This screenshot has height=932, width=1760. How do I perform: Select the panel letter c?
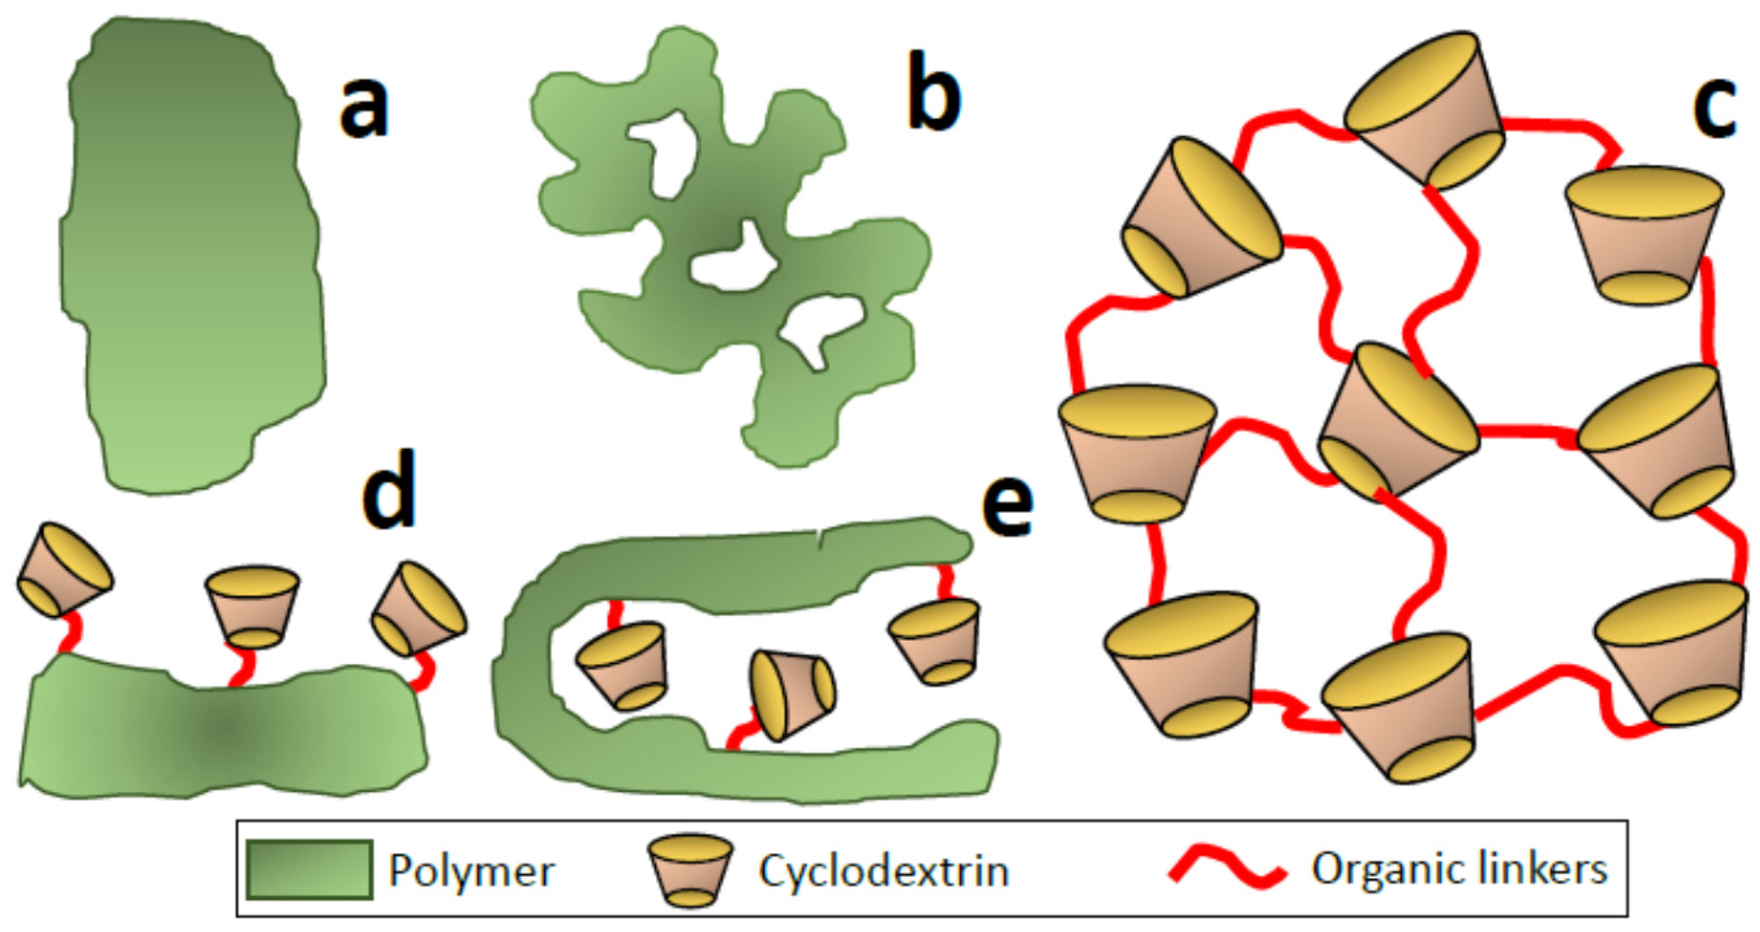pos(1714,109)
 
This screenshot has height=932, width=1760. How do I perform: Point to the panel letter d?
pos(388,489)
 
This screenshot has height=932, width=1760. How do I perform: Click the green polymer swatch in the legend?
pos(310,869)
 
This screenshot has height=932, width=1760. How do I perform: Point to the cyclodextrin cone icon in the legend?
pos(690,870)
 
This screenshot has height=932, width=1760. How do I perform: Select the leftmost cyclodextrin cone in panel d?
pos(63,570)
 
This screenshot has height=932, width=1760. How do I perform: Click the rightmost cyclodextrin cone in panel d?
pos(418,608)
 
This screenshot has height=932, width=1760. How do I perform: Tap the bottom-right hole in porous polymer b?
pos(820,328)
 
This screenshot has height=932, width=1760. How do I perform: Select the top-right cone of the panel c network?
pos(1643,236)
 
